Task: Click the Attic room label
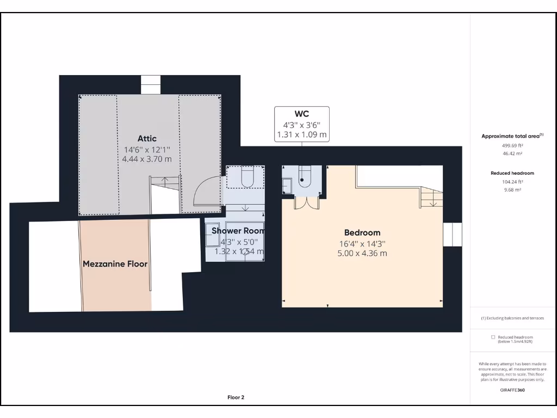coord(147,138)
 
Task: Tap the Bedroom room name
coord(362,232)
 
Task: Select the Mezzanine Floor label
coord(115,264)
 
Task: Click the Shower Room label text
coord(238,231)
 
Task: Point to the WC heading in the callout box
coord(302,114)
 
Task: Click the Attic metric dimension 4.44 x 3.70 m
coord(147,159)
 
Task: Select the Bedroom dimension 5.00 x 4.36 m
coord(362,253)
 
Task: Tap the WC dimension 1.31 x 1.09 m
coord(302,134)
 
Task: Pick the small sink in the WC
coord(287,185)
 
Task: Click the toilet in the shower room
coord(246,176)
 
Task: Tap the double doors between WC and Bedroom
coord(306,202)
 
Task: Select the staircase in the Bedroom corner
coord(431,197)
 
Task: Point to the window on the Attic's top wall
coord(151,84)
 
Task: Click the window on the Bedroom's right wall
coord(452,235)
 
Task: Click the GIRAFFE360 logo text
coord(512,390)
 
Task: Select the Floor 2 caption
coord(236,397)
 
